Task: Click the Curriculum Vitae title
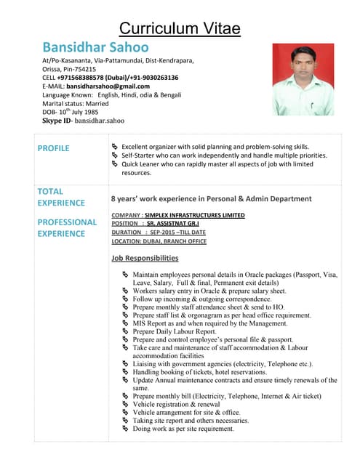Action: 180,29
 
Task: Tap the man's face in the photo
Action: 301,62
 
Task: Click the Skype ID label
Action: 60,120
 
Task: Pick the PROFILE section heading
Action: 53,148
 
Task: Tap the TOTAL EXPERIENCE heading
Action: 61,197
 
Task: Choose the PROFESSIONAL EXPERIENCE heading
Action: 67,227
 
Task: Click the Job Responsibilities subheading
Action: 145,258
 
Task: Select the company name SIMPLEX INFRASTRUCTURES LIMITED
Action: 194,215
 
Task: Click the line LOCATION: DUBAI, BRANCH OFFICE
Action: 159,241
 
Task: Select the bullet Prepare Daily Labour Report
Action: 175,331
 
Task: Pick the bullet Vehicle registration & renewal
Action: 176,404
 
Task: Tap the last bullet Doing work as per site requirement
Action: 183,429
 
